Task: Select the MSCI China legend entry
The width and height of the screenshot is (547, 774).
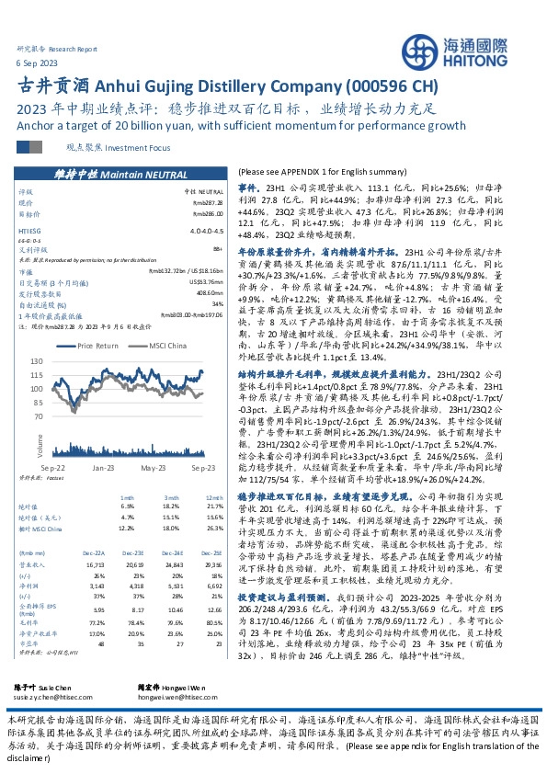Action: (167, 346)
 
